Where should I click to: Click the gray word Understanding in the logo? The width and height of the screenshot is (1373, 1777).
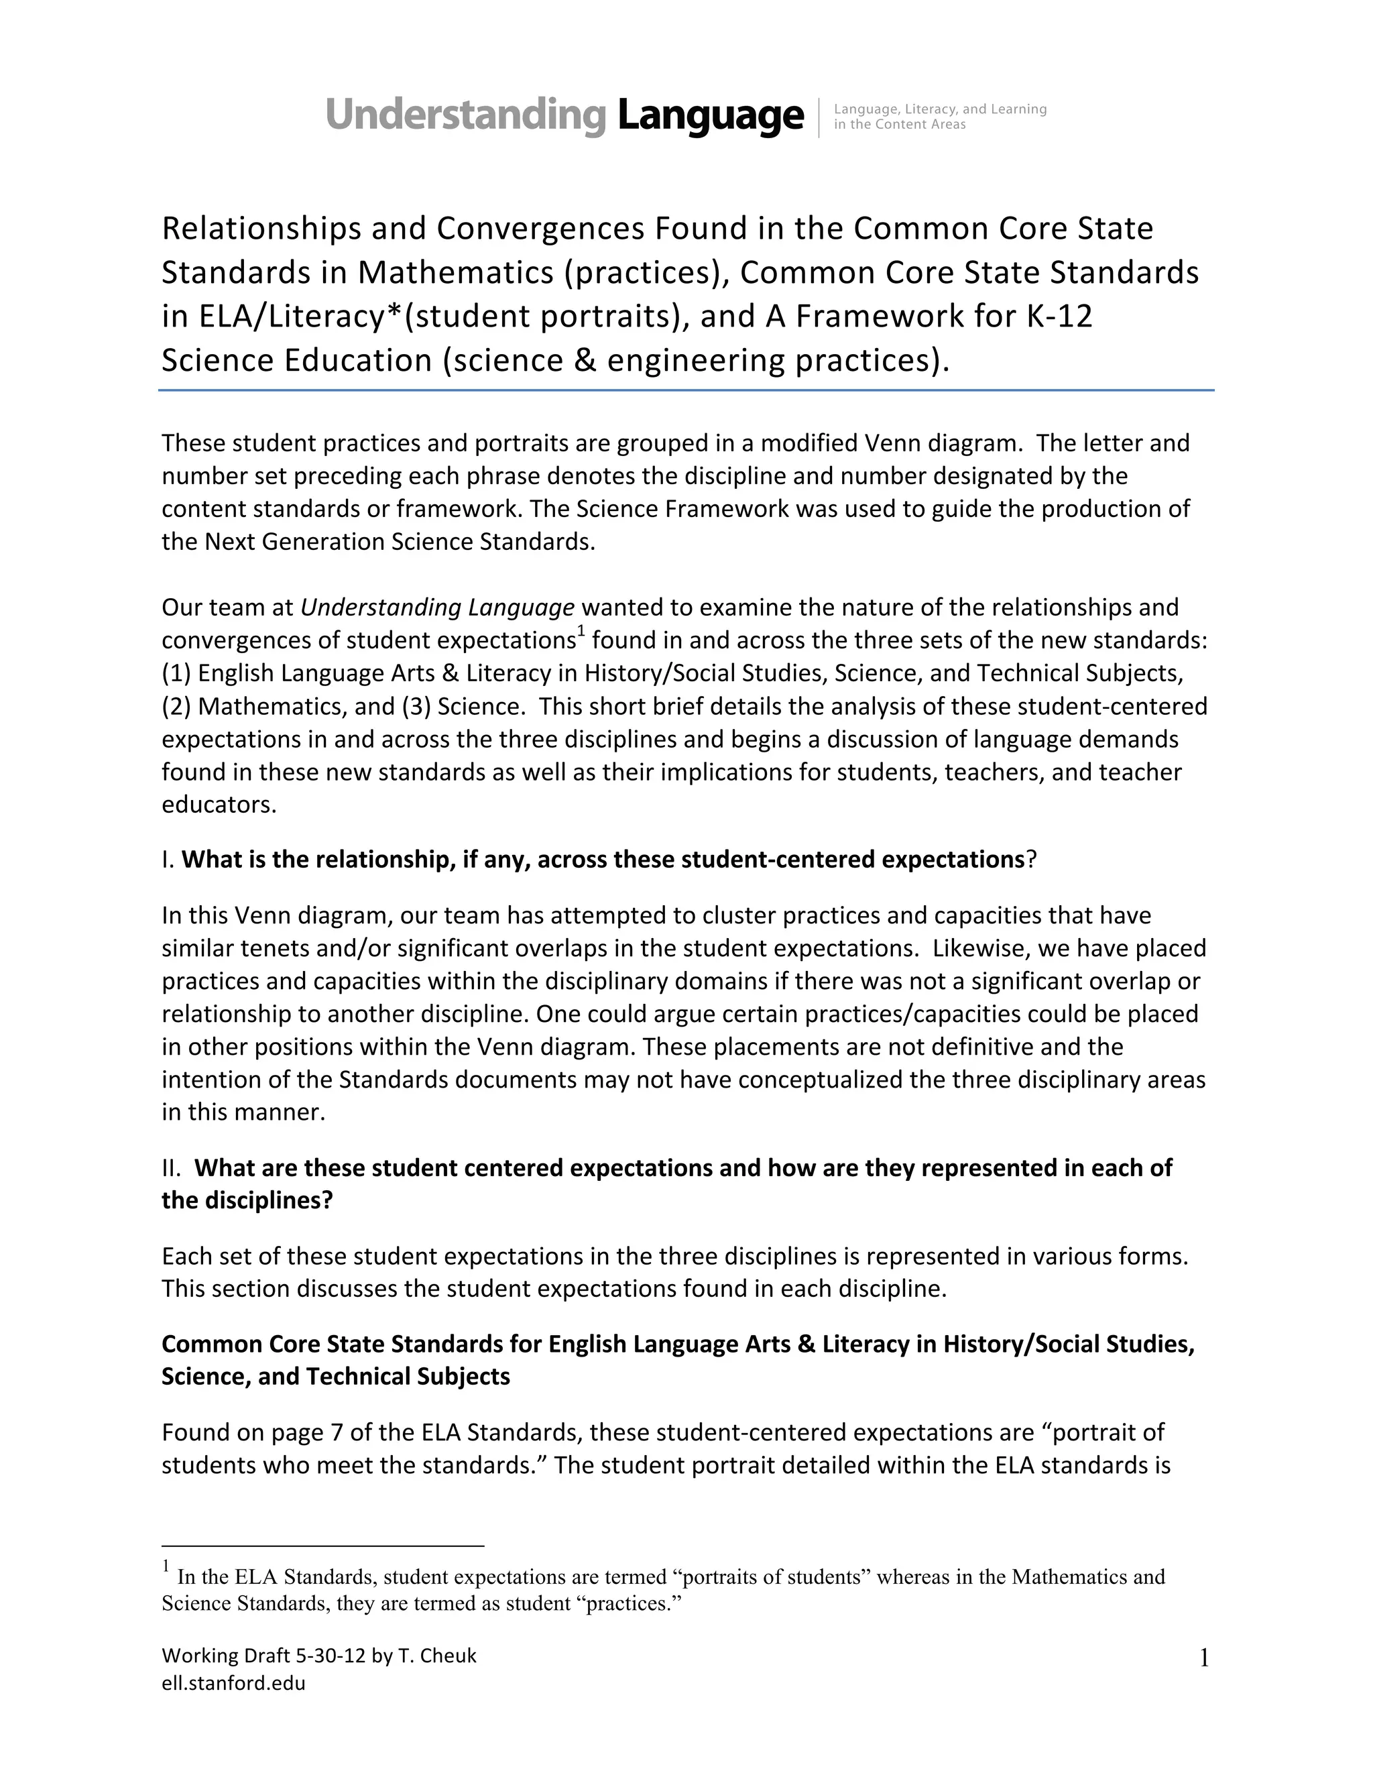465,115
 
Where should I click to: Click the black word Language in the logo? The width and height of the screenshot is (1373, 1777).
709,115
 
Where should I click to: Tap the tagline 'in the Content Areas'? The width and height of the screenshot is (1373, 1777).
900,125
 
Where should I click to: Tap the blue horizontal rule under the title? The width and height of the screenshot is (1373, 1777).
686,390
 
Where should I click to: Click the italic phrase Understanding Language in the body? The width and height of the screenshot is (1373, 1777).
438,607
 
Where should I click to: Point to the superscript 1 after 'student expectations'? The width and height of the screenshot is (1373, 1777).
581,632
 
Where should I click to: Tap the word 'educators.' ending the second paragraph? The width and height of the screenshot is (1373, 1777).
219,805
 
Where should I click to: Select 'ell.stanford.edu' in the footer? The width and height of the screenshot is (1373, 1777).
233,1683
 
